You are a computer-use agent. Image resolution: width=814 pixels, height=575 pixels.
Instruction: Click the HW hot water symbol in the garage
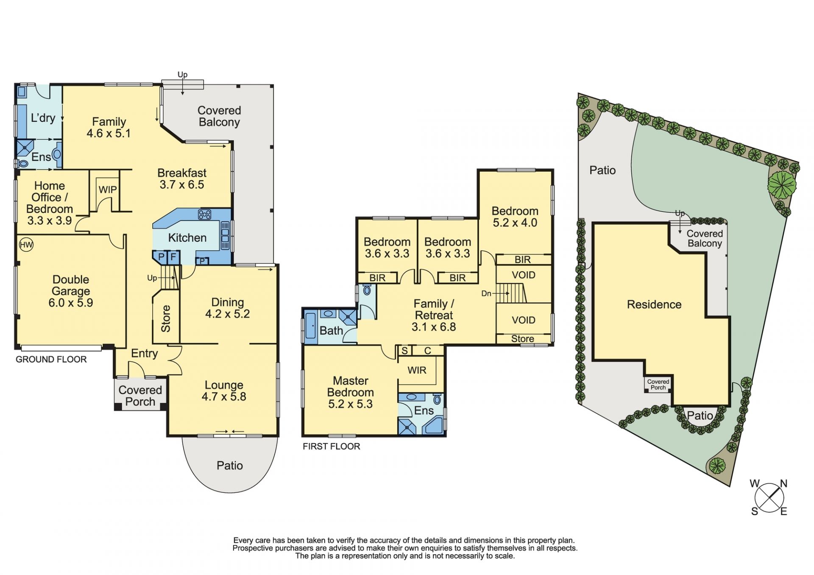[26, 245]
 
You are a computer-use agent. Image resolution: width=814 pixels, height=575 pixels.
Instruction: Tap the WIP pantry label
[108, 190]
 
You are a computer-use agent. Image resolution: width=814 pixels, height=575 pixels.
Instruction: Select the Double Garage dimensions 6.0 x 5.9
[71, 303]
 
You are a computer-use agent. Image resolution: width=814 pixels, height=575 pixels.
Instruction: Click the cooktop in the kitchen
[205, 215]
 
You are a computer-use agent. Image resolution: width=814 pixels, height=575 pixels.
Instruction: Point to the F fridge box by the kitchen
[173, 257]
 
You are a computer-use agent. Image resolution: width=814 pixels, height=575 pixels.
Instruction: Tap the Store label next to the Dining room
[166, 319]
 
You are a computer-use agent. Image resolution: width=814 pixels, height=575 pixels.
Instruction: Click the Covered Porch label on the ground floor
[140, 396]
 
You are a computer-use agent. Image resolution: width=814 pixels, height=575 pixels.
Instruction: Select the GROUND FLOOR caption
[51, 360]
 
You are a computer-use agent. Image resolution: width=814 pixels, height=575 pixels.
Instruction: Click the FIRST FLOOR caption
[332, 447]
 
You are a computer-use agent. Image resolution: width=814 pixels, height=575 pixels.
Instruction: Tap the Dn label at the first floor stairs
[486, 293]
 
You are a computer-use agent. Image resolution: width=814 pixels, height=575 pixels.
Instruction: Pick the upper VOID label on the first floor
[524, 275]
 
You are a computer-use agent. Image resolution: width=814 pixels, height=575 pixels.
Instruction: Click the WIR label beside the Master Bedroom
[417, 370]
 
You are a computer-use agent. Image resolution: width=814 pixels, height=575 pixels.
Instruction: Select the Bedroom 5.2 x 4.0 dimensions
[515, 223]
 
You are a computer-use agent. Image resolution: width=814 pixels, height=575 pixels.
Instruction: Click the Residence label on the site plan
[654, 304]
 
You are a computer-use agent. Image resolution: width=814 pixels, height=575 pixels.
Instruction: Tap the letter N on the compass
[784, 483]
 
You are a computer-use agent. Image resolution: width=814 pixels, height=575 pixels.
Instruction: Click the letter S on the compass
[755, 511]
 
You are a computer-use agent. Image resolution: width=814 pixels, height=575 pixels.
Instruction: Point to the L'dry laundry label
[43, 117]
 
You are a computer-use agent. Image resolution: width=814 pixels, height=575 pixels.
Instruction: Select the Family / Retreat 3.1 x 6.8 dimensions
[434, 327]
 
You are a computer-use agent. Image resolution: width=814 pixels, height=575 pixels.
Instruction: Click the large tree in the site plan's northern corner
[782, 185]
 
